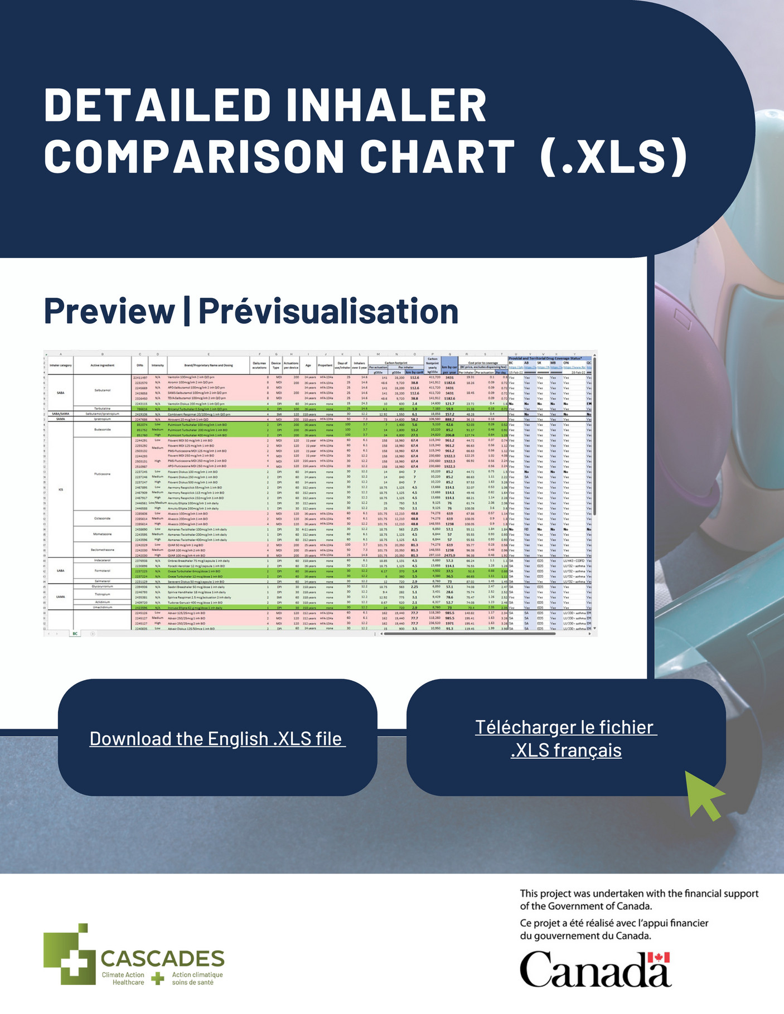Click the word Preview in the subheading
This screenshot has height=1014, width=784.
coord(109,311)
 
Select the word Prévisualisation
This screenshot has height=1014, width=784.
coord(328,311)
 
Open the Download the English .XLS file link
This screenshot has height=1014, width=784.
coord(217,739)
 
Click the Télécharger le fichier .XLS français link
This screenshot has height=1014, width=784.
coord(566,739)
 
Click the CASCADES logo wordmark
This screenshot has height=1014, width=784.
coord(162,958)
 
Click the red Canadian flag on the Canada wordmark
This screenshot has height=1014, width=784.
coord(659,958)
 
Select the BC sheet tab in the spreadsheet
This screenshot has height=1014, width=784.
coord(75,633)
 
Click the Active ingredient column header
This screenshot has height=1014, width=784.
coord(102,366)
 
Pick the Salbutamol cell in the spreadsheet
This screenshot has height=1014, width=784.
coord(102,390)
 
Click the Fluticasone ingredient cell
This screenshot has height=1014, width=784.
coord(102,474)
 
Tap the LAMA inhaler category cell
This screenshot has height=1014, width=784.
coord(61,596)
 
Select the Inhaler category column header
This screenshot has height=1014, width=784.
coord(60,366)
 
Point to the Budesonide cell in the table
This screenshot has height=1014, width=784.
coord(102,430)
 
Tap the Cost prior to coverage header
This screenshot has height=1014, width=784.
coord(483,363)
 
